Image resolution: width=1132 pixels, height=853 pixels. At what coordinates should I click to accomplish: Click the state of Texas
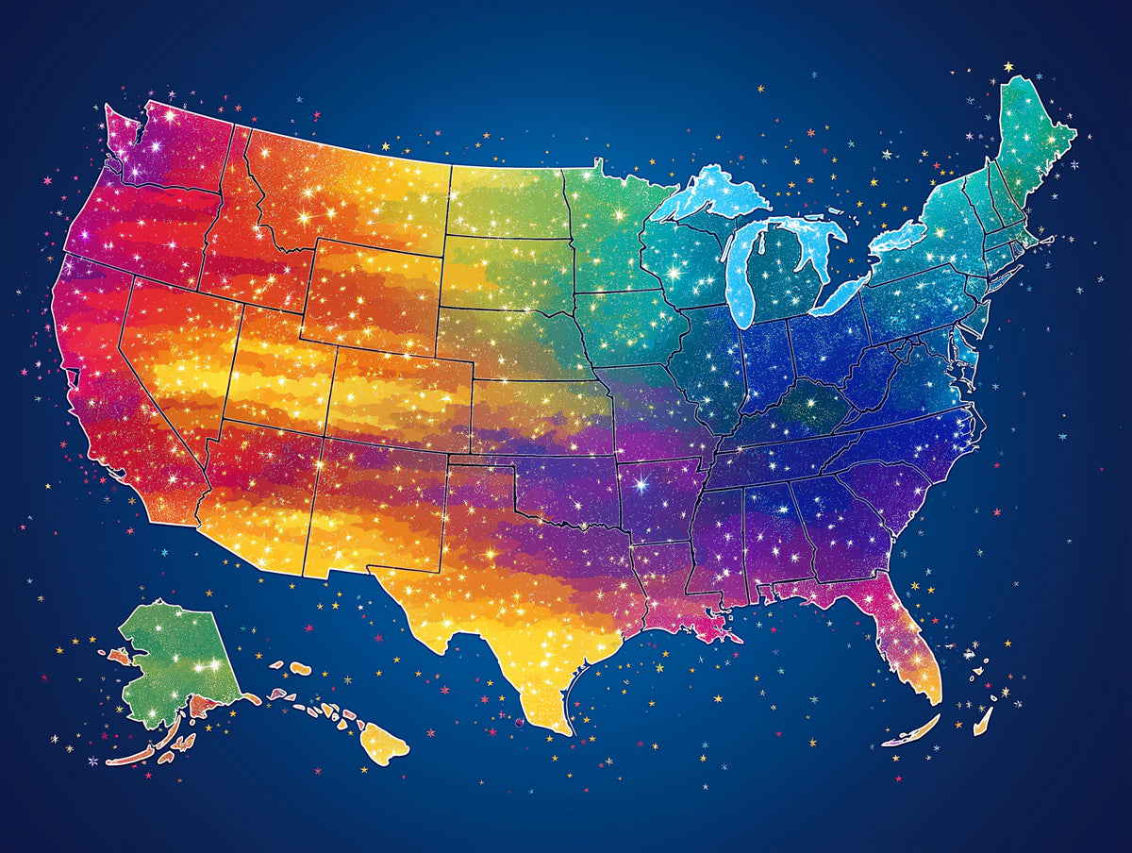coord(528,604)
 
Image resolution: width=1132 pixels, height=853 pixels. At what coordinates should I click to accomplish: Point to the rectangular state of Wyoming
coord(373,293)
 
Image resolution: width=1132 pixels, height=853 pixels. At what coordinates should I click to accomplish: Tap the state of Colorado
coord(401,396)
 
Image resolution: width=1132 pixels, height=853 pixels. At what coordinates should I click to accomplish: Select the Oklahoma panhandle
coord(481,463)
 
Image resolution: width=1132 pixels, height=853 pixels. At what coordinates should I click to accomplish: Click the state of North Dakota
coord(505,203)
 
